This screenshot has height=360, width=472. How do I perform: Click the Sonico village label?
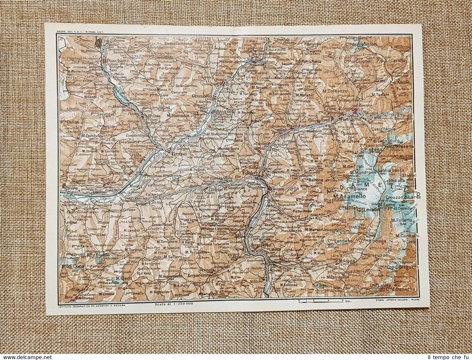(279, 189)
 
